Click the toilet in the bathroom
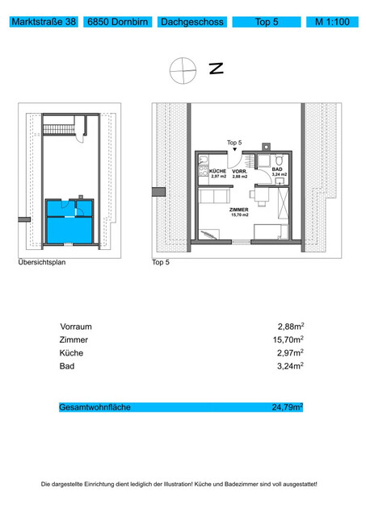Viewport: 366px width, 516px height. click(280, 160)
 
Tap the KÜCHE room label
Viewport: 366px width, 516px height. click(217, 171)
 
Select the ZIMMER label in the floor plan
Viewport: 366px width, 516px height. click(239, 210)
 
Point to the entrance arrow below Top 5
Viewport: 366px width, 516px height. click(234, 149)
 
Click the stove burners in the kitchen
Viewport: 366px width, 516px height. click(203, 171)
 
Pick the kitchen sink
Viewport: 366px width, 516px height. click(203, 160)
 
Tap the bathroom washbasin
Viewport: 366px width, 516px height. click(280, 181)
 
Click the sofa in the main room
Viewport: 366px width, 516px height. click(214, 196)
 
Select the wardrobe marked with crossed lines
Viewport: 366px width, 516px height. click(283, 202)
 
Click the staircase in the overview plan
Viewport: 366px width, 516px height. click(59, 129)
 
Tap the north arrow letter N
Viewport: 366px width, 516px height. click(217, 68)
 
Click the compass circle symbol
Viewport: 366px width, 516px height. click(183, 70)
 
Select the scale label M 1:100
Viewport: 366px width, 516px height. click(332, 22)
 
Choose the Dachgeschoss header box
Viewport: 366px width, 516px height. click(192, 22)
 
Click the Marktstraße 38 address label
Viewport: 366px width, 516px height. click(44, 22)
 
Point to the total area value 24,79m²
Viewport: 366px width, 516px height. click(287, 407)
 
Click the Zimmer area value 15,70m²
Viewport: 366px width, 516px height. click(288, 339)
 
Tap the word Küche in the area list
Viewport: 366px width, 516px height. click(71, 353)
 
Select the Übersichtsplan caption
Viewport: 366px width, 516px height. click(42, 262)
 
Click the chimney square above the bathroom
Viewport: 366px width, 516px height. click(266, 147)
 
